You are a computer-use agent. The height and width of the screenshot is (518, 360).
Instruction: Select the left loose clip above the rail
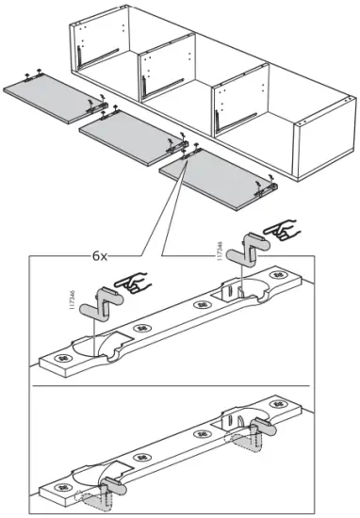98,306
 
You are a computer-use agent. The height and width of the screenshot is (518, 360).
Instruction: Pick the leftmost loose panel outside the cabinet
46,100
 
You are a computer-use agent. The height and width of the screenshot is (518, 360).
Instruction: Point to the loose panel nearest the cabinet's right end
212,185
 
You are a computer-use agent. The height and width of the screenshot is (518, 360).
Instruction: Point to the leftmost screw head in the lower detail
58,491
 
